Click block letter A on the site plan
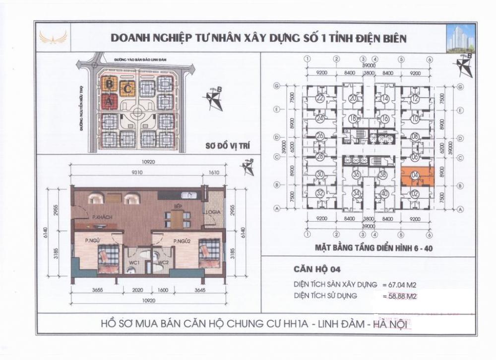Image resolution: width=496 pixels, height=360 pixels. [109, 102]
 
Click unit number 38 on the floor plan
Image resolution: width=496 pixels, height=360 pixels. [382, 175]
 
